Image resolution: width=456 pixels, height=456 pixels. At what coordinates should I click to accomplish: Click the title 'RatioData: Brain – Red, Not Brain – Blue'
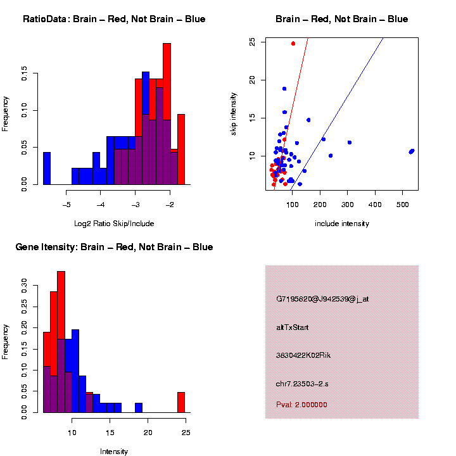point(114,19)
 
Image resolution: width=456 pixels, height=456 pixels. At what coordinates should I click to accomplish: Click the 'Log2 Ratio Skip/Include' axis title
point(114,224)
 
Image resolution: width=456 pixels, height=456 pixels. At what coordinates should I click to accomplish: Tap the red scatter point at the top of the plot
point(293,44)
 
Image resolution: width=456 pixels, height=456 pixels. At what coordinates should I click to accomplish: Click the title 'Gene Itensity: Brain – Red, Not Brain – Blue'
point(114,247)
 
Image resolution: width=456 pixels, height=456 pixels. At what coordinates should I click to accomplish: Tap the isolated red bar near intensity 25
point(180,402)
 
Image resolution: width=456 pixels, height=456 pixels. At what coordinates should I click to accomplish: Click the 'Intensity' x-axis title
point(114,452)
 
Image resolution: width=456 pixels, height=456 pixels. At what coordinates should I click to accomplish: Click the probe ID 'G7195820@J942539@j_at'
point(322,299)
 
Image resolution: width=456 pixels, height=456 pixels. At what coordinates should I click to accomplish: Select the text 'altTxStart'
point(292,327)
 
